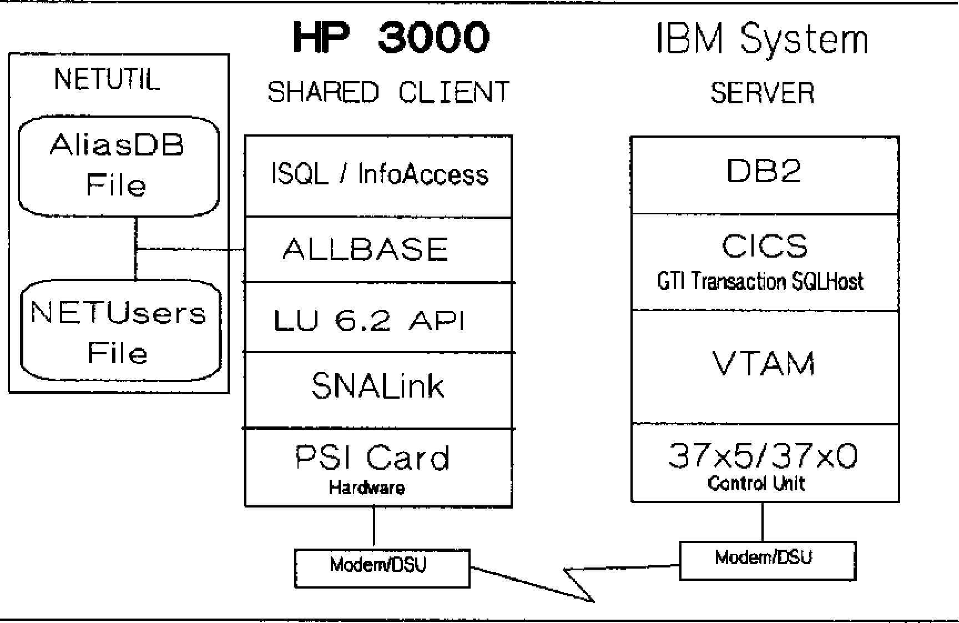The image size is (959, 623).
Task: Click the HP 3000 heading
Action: (391, 38)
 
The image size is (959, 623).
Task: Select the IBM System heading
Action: (762, 39)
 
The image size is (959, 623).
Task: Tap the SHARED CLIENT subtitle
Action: (388, 92)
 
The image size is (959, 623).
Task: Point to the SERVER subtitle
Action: (763, 93)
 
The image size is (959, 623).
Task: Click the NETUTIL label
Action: (107, 79)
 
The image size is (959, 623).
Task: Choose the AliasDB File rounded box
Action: (118, 165)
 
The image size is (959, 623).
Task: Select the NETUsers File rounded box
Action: (120, 332)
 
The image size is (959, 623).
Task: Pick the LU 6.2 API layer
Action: (369, 320)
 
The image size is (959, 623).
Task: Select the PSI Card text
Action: (372, 458)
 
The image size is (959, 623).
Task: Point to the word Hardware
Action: (367, 488)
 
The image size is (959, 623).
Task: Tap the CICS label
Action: (764, 246)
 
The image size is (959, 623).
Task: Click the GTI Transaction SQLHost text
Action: (760, 281)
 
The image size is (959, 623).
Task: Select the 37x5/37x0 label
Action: (763, 456)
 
